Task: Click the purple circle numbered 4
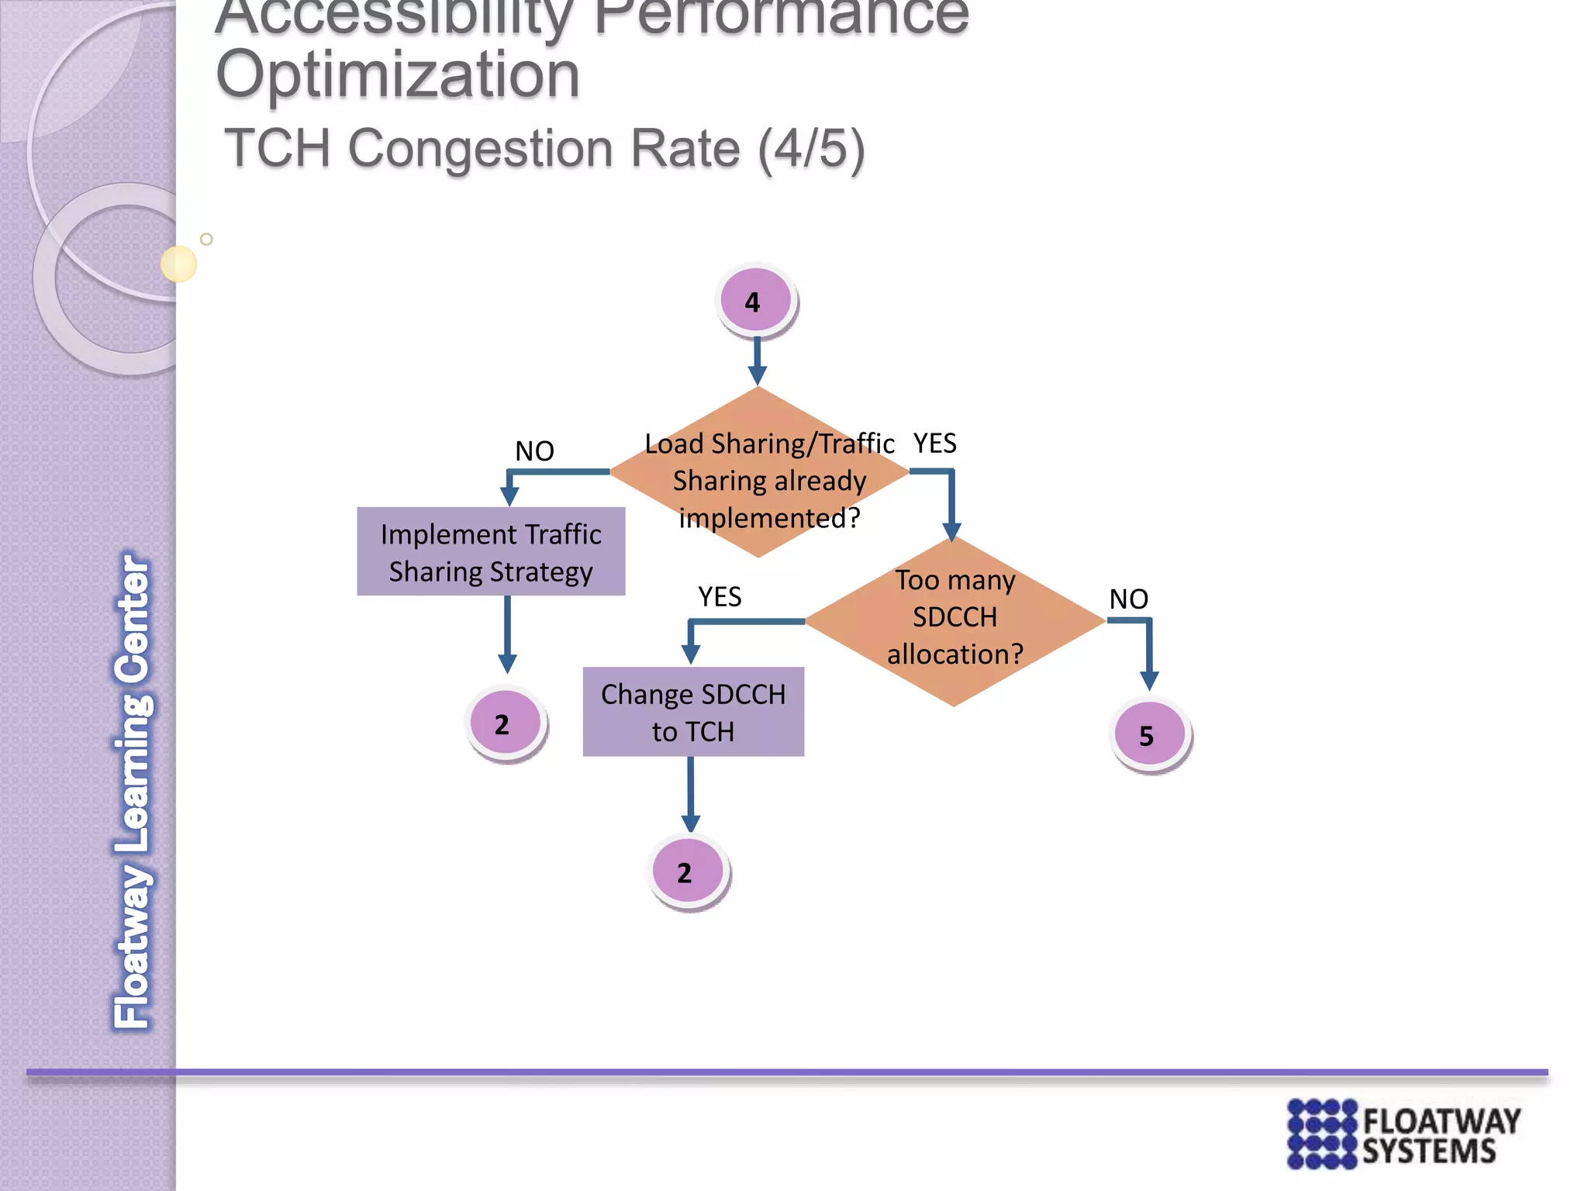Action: pos(754,300)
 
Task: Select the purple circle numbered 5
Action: pos(1149,734)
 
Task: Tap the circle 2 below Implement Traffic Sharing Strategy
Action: pos(505,723)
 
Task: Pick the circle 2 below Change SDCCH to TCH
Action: pos(688,871)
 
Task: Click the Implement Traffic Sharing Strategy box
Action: pos(491,552)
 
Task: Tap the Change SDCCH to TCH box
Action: pos(693,712)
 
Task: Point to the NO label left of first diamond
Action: pos(534,451)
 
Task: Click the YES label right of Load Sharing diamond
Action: pos(934,444)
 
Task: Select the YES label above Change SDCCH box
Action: pos(720,596)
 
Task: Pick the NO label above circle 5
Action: pos(1128,599)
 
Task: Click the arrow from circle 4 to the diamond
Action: pos(758,361)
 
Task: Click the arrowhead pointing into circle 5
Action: pos(1149,680)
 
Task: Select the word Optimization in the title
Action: pos(398,74)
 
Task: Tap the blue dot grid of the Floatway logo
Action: pos(1322,1133)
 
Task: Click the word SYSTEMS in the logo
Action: pos(1429,1151)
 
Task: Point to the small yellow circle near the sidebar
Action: pos(178,264)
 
